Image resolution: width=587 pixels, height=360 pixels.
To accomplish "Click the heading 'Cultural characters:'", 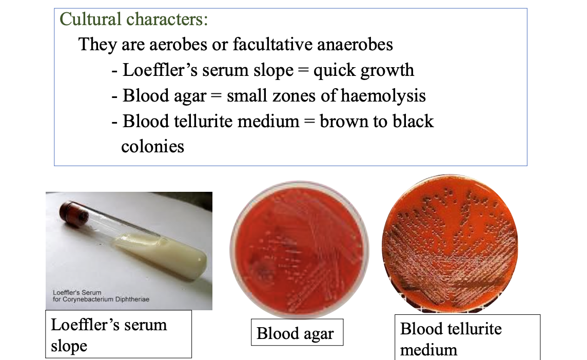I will [134, 19].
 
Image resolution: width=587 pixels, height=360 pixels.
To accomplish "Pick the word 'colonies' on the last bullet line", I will [152, 147].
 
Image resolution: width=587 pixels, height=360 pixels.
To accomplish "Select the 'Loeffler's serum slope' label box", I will [119, 334].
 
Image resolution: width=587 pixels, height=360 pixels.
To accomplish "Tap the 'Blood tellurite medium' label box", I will [467, 338].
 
